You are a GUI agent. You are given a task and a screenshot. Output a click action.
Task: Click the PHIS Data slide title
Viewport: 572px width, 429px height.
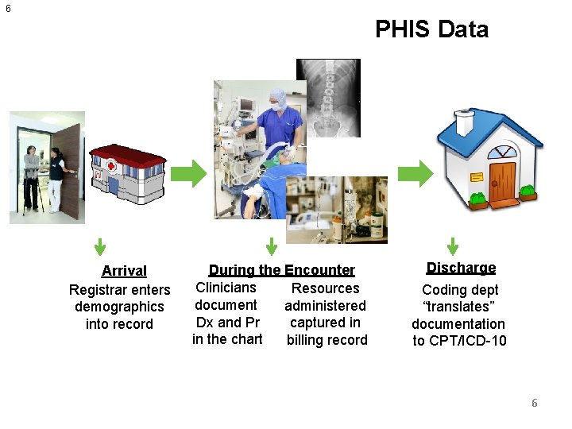[431, 29]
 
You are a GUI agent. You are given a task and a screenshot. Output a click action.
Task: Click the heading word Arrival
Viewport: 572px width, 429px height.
[124, 271]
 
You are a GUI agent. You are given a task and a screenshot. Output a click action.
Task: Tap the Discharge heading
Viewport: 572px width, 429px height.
[461, 268]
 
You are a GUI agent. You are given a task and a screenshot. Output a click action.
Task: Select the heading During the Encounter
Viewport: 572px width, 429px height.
[281, 270]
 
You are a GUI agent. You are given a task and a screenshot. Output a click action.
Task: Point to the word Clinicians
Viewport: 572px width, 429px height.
[226, 288]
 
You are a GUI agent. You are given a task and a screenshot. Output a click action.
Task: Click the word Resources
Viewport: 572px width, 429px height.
[325, 288]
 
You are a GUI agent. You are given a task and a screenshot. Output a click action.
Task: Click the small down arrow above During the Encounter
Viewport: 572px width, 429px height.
[271, 247]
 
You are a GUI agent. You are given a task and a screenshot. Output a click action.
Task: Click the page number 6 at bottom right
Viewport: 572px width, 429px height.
[534, 403]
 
